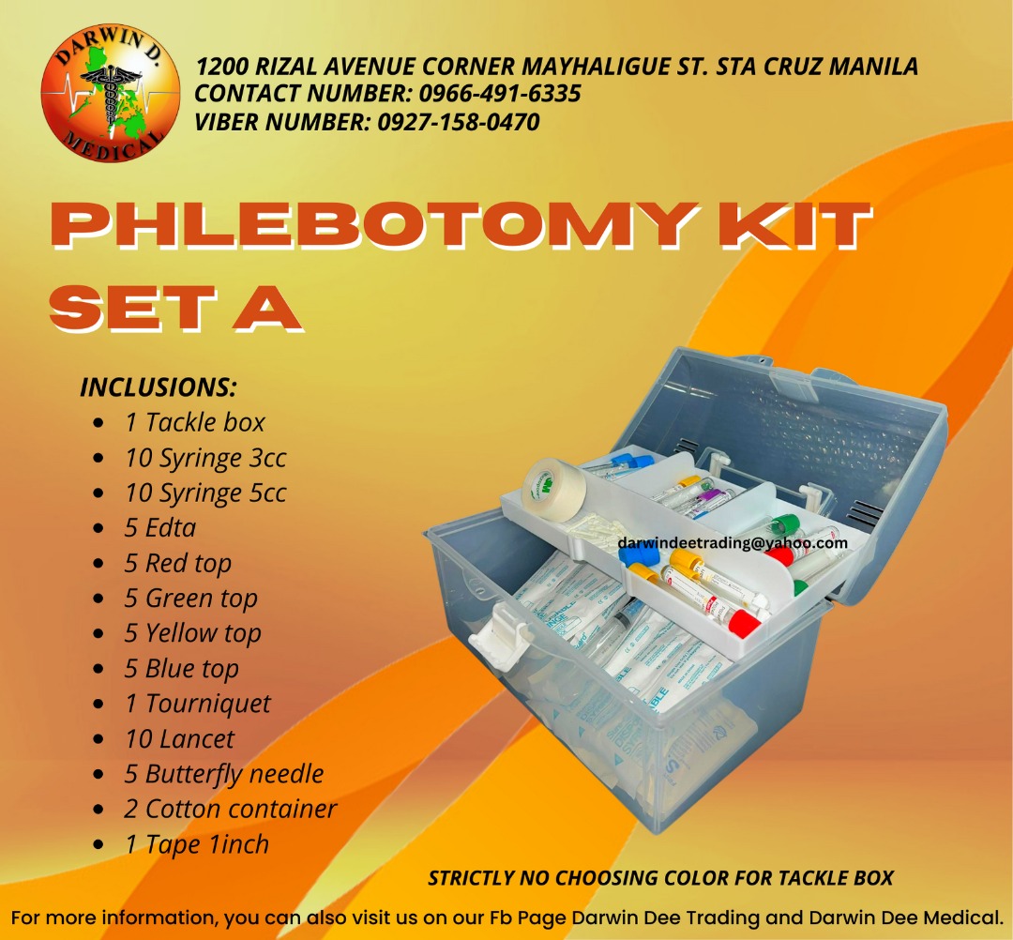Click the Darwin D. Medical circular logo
110,94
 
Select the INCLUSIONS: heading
159,387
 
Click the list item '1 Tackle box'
195,422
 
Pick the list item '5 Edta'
160,527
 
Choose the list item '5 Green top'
191,598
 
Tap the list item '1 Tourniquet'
198,704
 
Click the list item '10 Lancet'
179,739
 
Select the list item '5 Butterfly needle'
224,774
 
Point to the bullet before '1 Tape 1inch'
98,845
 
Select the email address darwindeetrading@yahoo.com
733,542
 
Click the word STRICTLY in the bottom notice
471,878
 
